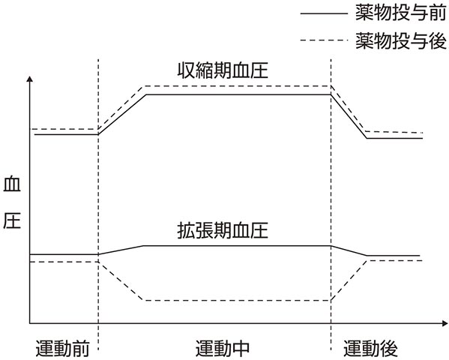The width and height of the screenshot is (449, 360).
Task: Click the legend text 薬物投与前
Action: click(x=401, y=13)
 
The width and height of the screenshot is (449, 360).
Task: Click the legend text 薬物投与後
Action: click(x=401, y=40)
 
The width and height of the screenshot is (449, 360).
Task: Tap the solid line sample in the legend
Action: click(x=324, y=13)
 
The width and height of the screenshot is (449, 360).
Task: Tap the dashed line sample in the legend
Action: click(x=324, y=40)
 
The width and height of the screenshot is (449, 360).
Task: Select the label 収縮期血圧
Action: click(x=223, y=70)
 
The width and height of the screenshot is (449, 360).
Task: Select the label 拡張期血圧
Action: click(x=223, y=230)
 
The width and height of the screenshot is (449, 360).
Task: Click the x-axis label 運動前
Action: click(x=62, y=348)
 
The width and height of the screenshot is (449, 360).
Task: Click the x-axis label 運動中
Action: click(x=223, y=348)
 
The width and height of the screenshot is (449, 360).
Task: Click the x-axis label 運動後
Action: click(x=370, y=348)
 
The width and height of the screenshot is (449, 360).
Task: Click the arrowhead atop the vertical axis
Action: click(x=29, y=79)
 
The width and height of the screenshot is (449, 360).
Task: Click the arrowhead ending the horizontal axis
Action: click(x=445, y=323)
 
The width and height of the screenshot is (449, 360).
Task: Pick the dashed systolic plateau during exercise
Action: click(x=237, y=86)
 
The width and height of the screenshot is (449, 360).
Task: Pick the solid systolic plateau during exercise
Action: click(x=238, y=94)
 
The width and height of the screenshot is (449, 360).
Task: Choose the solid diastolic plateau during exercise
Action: click(x=237, y=246)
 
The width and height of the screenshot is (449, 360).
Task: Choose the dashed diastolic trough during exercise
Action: click(x=237, y=301)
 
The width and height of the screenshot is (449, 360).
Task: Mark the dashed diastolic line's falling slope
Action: click(x=121, y=281)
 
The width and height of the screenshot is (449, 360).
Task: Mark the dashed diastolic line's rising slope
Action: click(x=349, y=280)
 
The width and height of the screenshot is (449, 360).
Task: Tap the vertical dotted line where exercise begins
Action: click(x=98, y=205)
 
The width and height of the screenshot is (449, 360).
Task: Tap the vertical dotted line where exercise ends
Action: click(x=331, y=205)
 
